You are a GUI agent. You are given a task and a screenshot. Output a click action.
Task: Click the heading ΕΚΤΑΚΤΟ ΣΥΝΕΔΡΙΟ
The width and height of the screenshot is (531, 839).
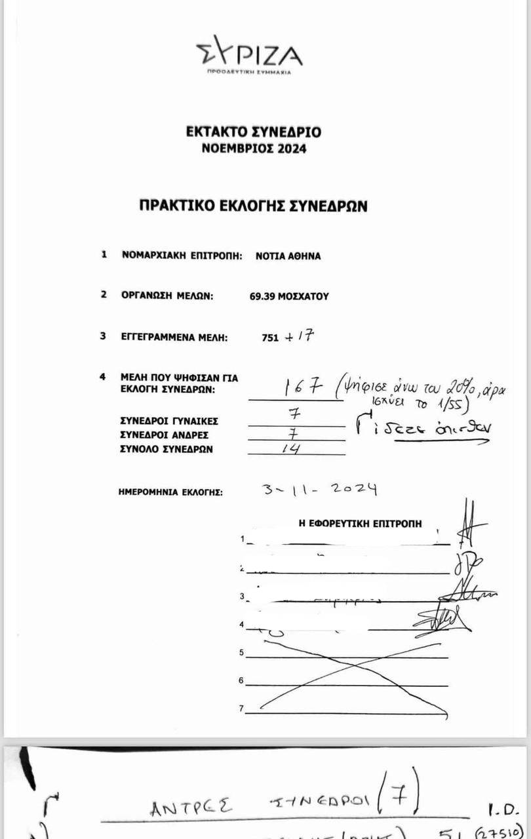(x=254, y=132)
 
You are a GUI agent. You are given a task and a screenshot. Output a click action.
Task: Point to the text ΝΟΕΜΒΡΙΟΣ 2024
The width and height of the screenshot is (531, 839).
(x=254, y=149)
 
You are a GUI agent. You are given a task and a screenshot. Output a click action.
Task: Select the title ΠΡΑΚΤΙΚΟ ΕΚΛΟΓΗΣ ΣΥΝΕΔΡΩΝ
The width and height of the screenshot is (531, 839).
(x=253, y=206)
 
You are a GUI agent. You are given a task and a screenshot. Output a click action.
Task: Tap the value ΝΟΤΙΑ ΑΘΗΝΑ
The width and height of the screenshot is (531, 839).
(x=288, y=256)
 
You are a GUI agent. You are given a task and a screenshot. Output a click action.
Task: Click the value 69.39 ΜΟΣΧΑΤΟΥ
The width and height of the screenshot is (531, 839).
(x=289, y=296)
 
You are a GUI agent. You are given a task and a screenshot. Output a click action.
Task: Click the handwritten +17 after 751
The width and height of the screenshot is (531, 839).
(x=301, y=336)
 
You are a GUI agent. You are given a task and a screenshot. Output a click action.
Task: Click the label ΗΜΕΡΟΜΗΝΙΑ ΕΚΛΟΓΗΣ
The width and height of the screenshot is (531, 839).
(x=170, y=491)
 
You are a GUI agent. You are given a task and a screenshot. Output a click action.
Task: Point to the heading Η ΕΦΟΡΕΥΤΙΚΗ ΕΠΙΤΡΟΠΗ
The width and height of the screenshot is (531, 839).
(x=360, y=524)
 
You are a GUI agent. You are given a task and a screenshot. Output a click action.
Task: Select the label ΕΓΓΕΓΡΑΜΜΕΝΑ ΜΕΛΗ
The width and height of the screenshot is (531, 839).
(x=174, y=338)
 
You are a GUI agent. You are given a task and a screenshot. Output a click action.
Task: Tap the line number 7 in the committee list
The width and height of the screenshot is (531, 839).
(x=241, y=709)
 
